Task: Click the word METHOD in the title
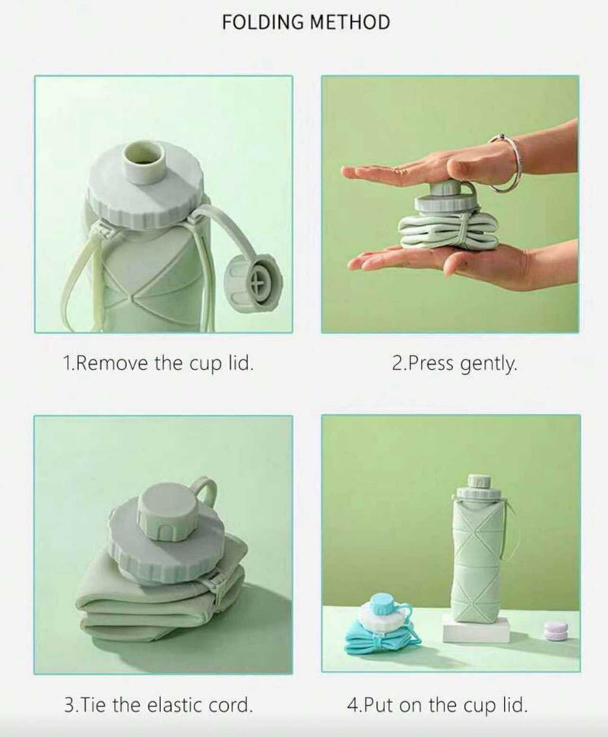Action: (x=348, y=22)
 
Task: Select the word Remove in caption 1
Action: (x=112, y=363)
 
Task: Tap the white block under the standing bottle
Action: (x=476, y=629)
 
